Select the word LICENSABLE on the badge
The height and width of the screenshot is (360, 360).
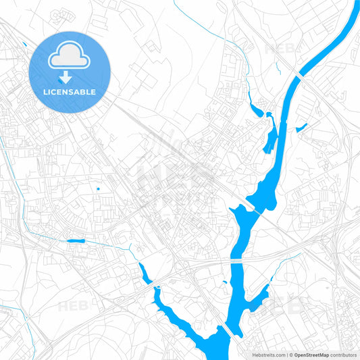tap(70, 91)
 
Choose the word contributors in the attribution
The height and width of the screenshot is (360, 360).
tap(344, 354)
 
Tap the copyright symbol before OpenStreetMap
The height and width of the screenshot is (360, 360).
tap(290, 354)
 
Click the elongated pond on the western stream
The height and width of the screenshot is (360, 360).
tap(75, 240)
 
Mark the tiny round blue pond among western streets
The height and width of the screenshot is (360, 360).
tap(99, 188)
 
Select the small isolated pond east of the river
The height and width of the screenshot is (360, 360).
tap(301, 126)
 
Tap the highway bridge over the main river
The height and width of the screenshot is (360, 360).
tap(237, 259)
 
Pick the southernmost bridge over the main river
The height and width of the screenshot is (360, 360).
tap(230, 330)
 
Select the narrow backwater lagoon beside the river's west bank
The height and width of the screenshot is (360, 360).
tap(270, 139)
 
